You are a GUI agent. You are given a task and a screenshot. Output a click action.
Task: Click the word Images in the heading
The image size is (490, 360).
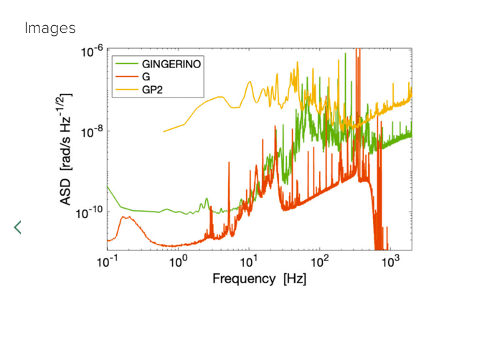50,28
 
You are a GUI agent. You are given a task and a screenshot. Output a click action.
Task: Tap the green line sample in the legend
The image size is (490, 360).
126,63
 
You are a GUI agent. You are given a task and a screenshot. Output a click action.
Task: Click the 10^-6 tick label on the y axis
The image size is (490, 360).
93,52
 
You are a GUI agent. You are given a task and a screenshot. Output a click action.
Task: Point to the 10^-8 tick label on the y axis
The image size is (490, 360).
93,133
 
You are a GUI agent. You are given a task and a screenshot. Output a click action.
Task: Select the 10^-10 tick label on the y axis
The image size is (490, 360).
91,213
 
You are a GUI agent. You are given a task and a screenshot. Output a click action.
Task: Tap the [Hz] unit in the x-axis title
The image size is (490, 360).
295,278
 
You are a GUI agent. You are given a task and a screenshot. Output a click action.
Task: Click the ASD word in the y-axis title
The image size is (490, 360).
66,193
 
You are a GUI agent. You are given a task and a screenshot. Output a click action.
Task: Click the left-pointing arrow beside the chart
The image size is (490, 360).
18,227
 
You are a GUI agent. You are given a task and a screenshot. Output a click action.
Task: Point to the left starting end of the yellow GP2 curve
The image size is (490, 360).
164,131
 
